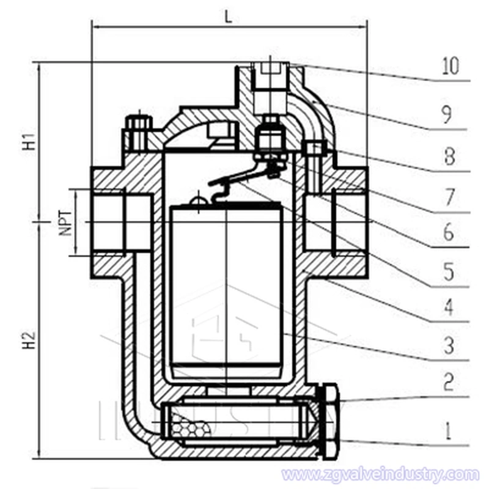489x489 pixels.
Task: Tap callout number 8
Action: [449, 158]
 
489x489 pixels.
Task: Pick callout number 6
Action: [449, 232]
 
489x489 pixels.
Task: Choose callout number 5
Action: [449, 270]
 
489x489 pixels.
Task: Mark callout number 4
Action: [449, 307]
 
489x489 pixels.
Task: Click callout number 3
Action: [449, 345]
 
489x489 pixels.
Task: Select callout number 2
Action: [449, 383]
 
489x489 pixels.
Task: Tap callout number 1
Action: [449, 432]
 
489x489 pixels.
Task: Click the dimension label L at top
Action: [228, 17]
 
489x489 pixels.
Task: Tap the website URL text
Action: [380, 474]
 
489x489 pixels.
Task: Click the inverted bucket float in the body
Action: [226, 287]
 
